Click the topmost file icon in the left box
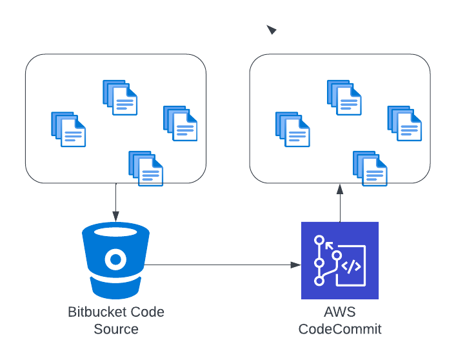pyautogui.click(x=120, y=97)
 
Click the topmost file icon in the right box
pyautogui.click(x=344, y=97)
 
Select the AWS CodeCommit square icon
pyautogui.click(x=340, y=260)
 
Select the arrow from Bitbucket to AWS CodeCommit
pyautogui.click(x=223, y=265)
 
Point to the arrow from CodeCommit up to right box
pyautogui.click(x=339, y=203)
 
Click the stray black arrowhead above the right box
pyautogui.click(x=272, y=30)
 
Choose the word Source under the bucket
pyautogui.click(x=116, y=329)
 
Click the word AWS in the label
pyautogui.click(x=339, y=312)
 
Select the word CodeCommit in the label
pyautogui.click(x=340, y=329)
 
